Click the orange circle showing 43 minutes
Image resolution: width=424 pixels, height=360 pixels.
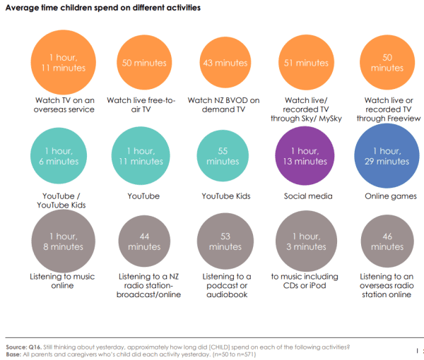coord(225,64)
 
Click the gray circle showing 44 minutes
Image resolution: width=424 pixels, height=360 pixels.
coord(144,241)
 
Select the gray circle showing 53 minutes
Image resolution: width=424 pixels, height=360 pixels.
coord(225,241)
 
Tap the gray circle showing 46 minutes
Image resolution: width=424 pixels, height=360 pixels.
coord(387,241)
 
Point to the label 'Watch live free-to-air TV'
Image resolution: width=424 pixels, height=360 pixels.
coord(144,105)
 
